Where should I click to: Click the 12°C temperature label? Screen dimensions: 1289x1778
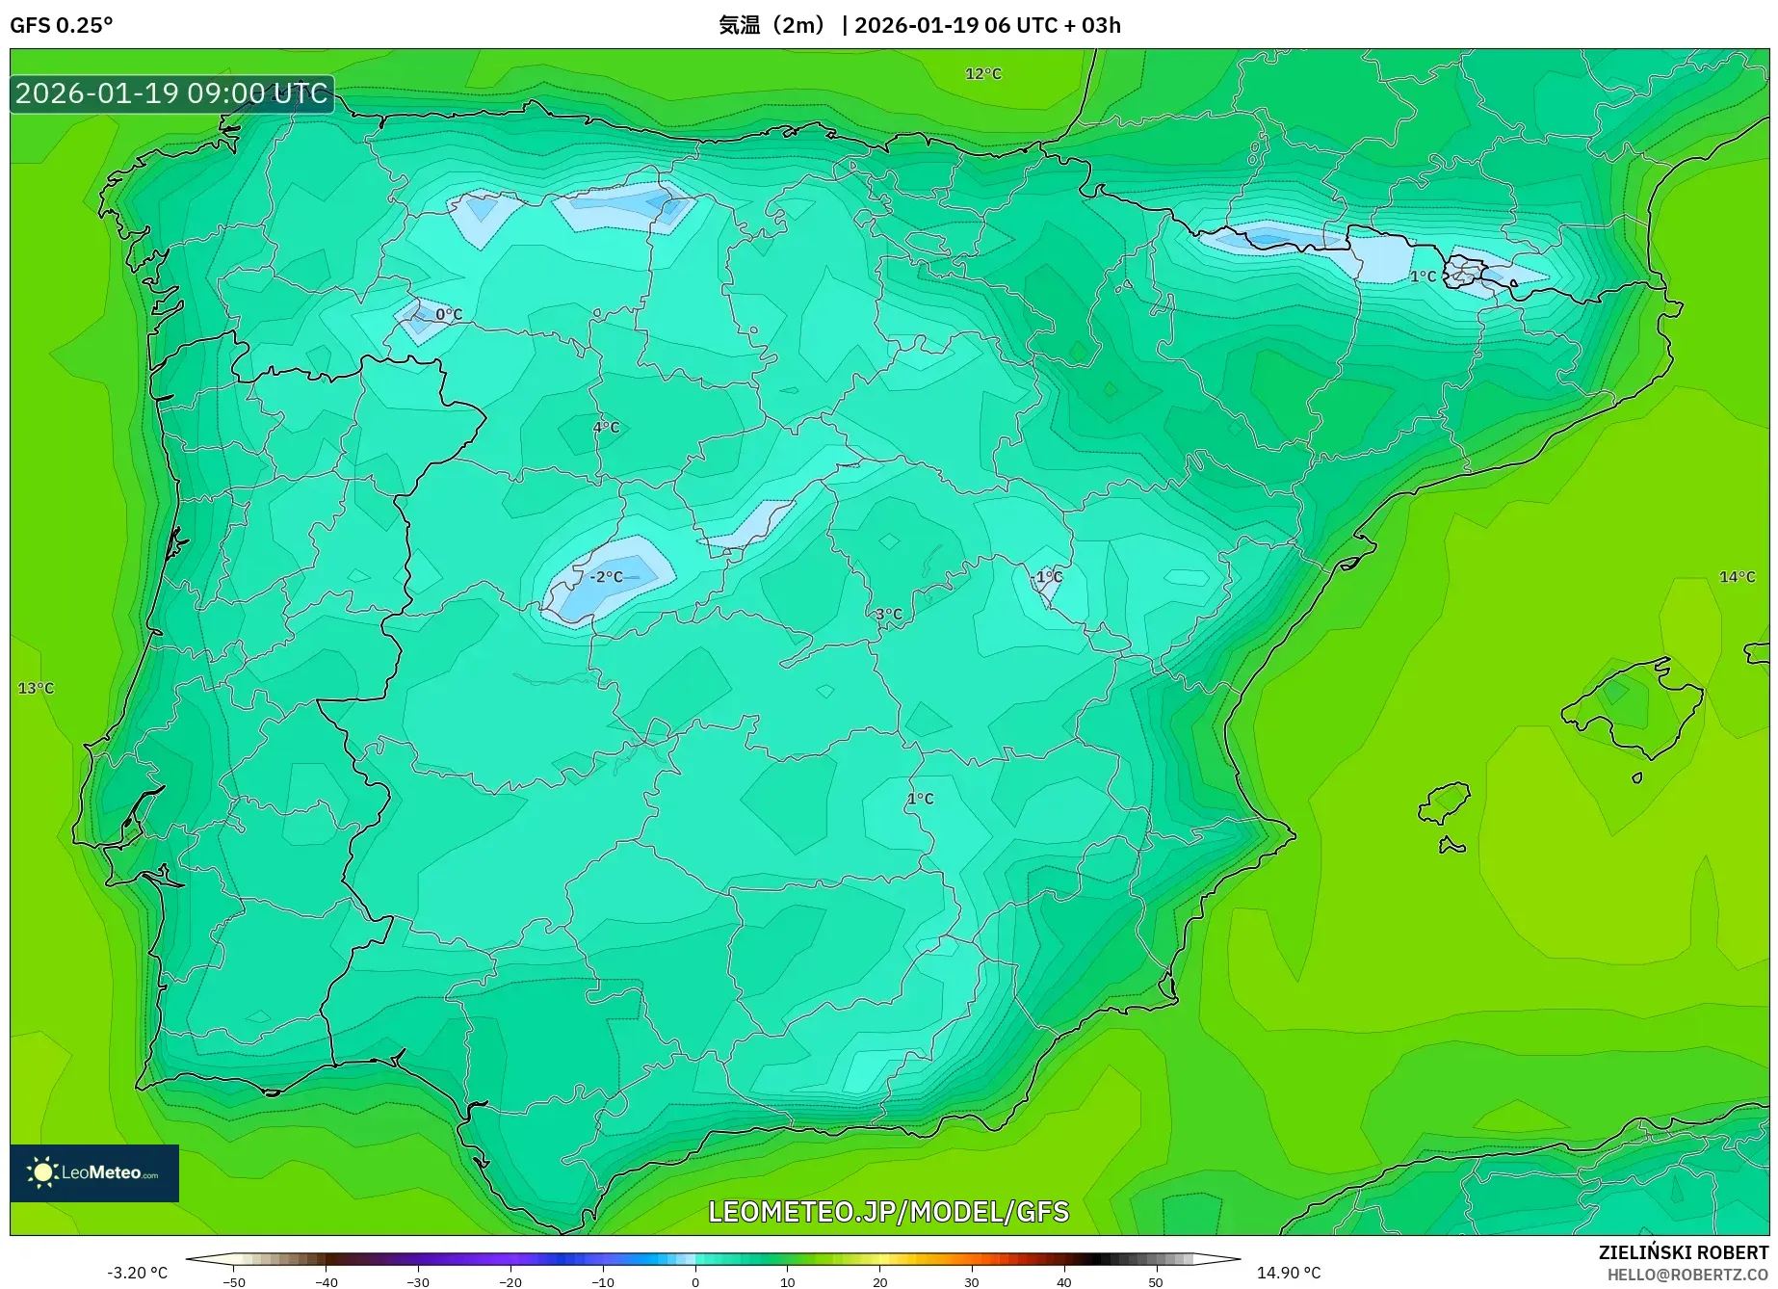coord(983,74)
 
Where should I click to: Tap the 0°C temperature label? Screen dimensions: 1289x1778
coord(449,314)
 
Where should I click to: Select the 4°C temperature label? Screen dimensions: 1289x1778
coord(606,428)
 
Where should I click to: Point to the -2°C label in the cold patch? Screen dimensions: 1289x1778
coord(607,577)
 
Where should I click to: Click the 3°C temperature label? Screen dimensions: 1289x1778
coord(889,615)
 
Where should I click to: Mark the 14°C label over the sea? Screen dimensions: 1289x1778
coord(1738,577)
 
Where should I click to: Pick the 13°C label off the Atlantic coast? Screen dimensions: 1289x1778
coord(37,688)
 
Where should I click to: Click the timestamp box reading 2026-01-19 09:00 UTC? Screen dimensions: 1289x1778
coord(172,93)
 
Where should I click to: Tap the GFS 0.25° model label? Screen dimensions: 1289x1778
coord(62,25)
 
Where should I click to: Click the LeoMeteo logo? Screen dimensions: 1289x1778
coord(94,1172)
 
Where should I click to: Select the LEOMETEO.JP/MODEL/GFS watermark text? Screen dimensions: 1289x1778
coord(888,1211)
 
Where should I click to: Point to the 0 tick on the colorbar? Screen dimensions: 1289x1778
coord(695,1282)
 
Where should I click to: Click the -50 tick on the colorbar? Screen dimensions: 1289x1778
coord(234,1282)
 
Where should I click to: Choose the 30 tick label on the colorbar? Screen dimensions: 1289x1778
coord(972,1282)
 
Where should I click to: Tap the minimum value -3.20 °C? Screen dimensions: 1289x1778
coord(137,1273)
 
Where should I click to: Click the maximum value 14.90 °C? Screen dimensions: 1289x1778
coord(1289,1273)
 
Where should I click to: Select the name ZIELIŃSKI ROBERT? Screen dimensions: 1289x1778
coord(1684,1252)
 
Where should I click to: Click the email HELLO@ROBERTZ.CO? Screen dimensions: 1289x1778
coord(1687,1275)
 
